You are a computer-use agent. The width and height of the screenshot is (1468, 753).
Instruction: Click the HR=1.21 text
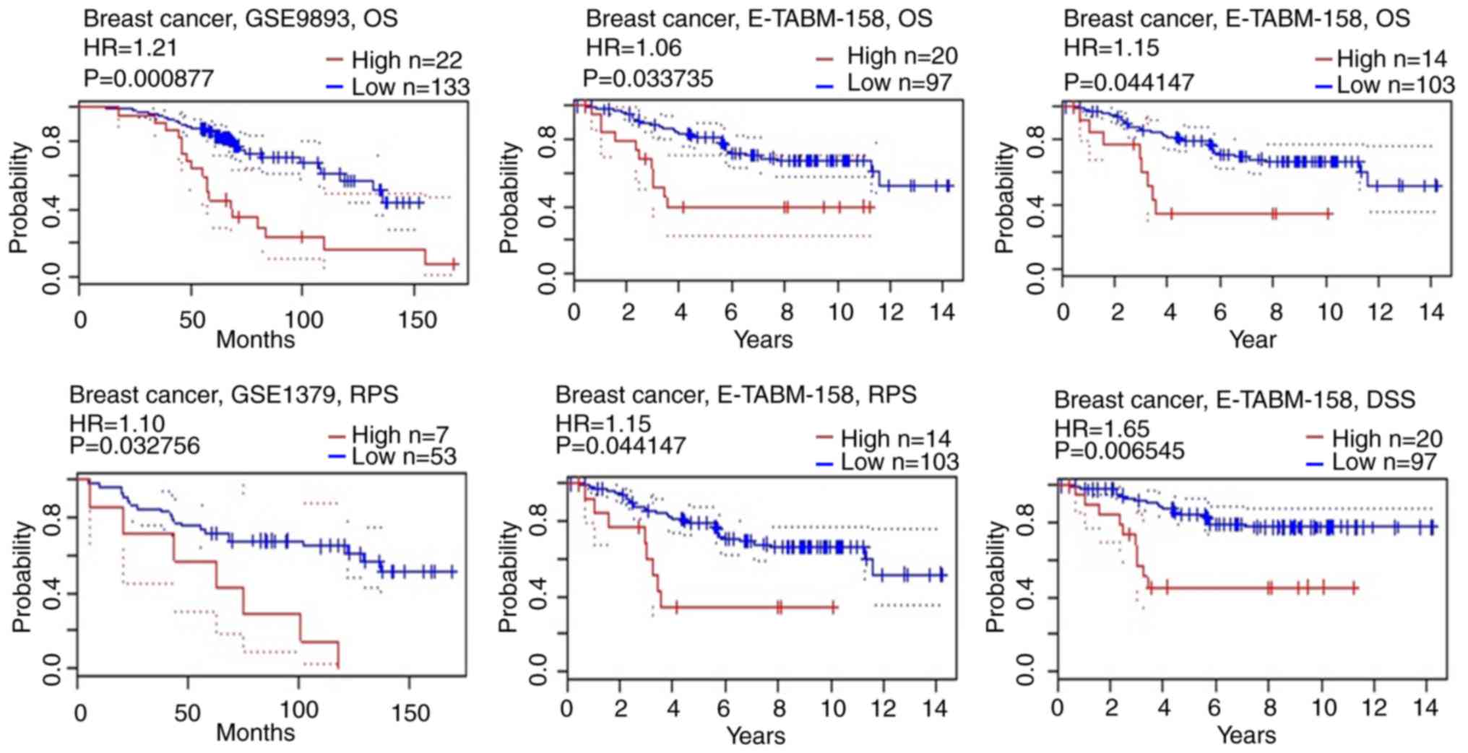131,48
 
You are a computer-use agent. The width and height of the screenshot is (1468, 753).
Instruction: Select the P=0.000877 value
149,77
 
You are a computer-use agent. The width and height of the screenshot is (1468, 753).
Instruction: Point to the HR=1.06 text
634,48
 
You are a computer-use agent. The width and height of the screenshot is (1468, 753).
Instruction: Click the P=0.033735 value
648,77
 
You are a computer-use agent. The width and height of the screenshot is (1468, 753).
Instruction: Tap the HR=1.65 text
1102,428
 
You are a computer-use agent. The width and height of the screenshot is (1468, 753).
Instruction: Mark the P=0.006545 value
1119,451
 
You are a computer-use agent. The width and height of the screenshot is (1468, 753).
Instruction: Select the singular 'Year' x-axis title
1253,339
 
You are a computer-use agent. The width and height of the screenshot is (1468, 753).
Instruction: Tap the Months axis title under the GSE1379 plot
256,732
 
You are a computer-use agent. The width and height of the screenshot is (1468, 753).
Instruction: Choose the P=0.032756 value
134,445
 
